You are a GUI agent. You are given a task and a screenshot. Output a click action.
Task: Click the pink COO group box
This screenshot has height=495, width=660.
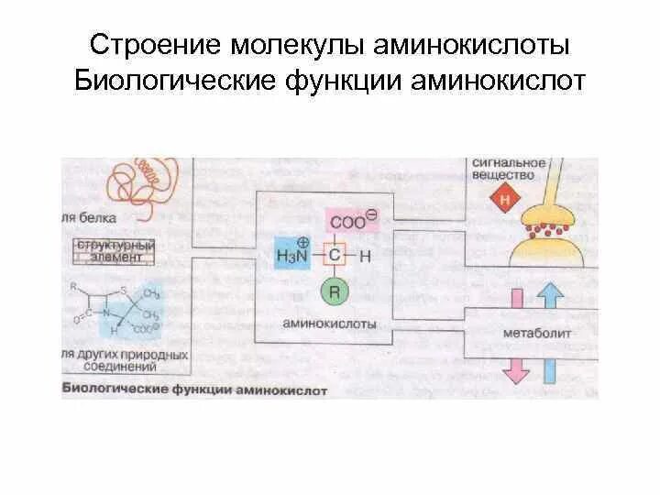352,220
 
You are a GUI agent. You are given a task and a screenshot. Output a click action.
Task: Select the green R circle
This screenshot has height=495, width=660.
334,292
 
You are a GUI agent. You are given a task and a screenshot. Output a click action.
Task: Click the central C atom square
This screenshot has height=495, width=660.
334,256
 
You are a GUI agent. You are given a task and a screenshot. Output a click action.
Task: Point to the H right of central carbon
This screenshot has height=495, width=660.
366,257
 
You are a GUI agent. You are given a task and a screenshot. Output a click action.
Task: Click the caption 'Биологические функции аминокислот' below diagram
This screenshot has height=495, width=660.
194,389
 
